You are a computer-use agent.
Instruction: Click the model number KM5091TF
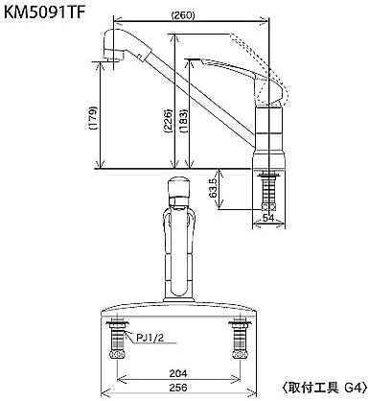[44, 13]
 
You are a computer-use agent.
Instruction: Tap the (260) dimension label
[183, 14]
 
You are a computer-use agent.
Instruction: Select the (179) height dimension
[93, 118]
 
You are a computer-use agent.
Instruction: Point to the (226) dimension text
[168, 121]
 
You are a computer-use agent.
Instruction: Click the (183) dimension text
[183, 121]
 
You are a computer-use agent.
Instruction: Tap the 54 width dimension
[268, 218]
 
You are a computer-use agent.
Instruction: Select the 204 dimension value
[178, 373]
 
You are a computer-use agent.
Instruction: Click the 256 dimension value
[178, 388]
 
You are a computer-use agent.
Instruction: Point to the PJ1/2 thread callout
[150, 338]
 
